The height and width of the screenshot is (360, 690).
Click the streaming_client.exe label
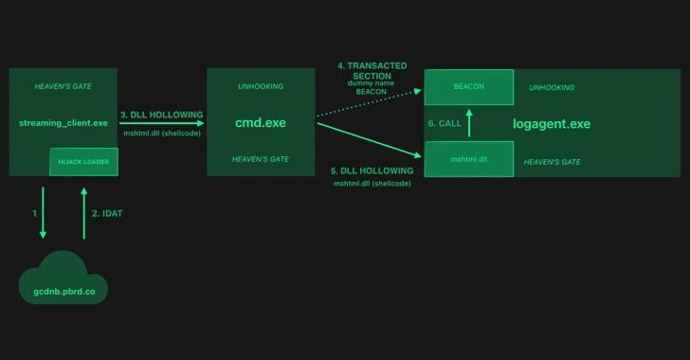tap(64, 123)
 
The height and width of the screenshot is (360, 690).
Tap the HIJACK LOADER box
tap(83, 162)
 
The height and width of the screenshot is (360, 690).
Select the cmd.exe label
tap(261, 123)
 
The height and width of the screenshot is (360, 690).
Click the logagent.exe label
tap(551, 124)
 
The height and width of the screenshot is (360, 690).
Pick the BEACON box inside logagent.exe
tap(469, 87)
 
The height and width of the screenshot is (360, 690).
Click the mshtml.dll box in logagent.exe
tap(469, 159)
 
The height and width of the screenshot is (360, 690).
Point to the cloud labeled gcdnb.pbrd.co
tap(64, 280)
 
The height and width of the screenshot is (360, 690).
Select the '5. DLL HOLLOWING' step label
tap(372, 171)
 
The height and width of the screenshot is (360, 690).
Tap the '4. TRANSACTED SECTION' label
tap(372, 71)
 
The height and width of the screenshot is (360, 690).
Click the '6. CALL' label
tap(445, 124)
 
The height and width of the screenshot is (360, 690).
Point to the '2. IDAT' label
tap(107, 214)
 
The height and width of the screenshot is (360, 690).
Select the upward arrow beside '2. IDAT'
tap(84, 213)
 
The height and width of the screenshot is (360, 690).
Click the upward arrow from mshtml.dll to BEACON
tap(470, 123)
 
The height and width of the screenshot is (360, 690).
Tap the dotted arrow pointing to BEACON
tap(370, 102)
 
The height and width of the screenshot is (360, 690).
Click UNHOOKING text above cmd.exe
tap(261, 87)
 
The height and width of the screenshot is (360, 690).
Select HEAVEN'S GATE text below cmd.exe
tap(261, 159)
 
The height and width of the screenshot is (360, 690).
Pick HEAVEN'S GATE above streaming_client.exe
tap(64, 87)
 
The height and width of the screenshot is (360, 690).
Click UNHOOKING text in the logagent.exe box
tap(552, 87)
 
